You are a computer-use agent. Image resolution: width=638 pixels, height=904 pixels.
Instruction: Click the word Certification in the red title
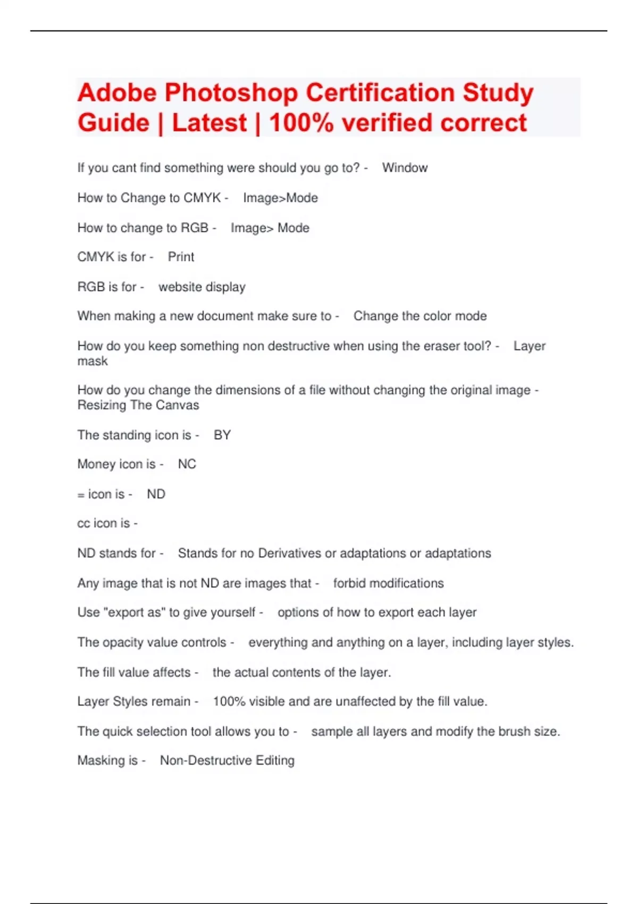pos(380,93)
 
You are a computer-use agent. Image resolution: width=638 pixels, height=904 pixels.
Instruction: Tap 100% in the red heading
pos(301,123)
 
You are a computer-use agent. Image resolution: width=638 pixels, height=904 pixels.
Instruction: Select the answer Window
pos(405,168)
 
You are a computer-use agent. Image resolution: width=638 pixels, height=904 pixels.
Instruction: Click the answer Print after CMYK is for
pos(181,257)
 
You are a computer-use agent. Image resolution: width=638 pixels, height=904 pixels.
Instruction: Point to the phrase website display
pos(202,287)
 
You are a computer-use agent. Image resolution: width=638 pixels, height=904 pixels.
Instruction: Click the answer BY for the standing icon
pos(222,435)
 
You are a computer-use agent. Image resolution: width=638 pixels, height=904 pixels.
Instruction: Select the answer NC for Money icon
pos(187,464)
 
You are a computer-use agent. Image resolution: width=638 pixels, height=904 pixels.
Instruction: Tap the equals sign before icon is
pos(81,495)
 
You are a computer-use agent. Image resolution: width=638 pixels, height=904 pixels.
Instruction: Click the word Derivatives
pos(290,553)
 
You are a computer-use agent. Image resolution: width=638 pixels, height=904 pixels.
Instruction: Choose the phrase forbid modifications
pos(388,583)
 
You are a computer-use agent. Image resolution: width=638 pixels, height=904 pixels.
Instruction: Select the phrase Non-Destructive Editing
pos(227,760)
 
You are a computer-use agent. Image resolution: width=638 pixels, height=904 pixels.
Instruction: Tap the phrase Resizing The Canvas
pos(138,405)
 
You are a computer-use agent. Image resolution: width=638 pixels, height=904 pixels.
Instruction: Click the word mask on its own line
pos(93,361)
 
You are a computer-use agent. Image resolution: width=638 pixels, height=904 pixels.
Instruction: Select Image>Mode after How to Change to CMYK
pos(280,198)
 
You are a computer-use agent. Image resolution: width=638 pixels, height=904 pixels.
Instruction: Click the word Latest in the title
pos(209,123)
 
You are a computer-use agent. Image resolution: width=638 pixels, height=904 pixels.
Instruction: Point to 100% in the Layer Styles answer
pos(229,701)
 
